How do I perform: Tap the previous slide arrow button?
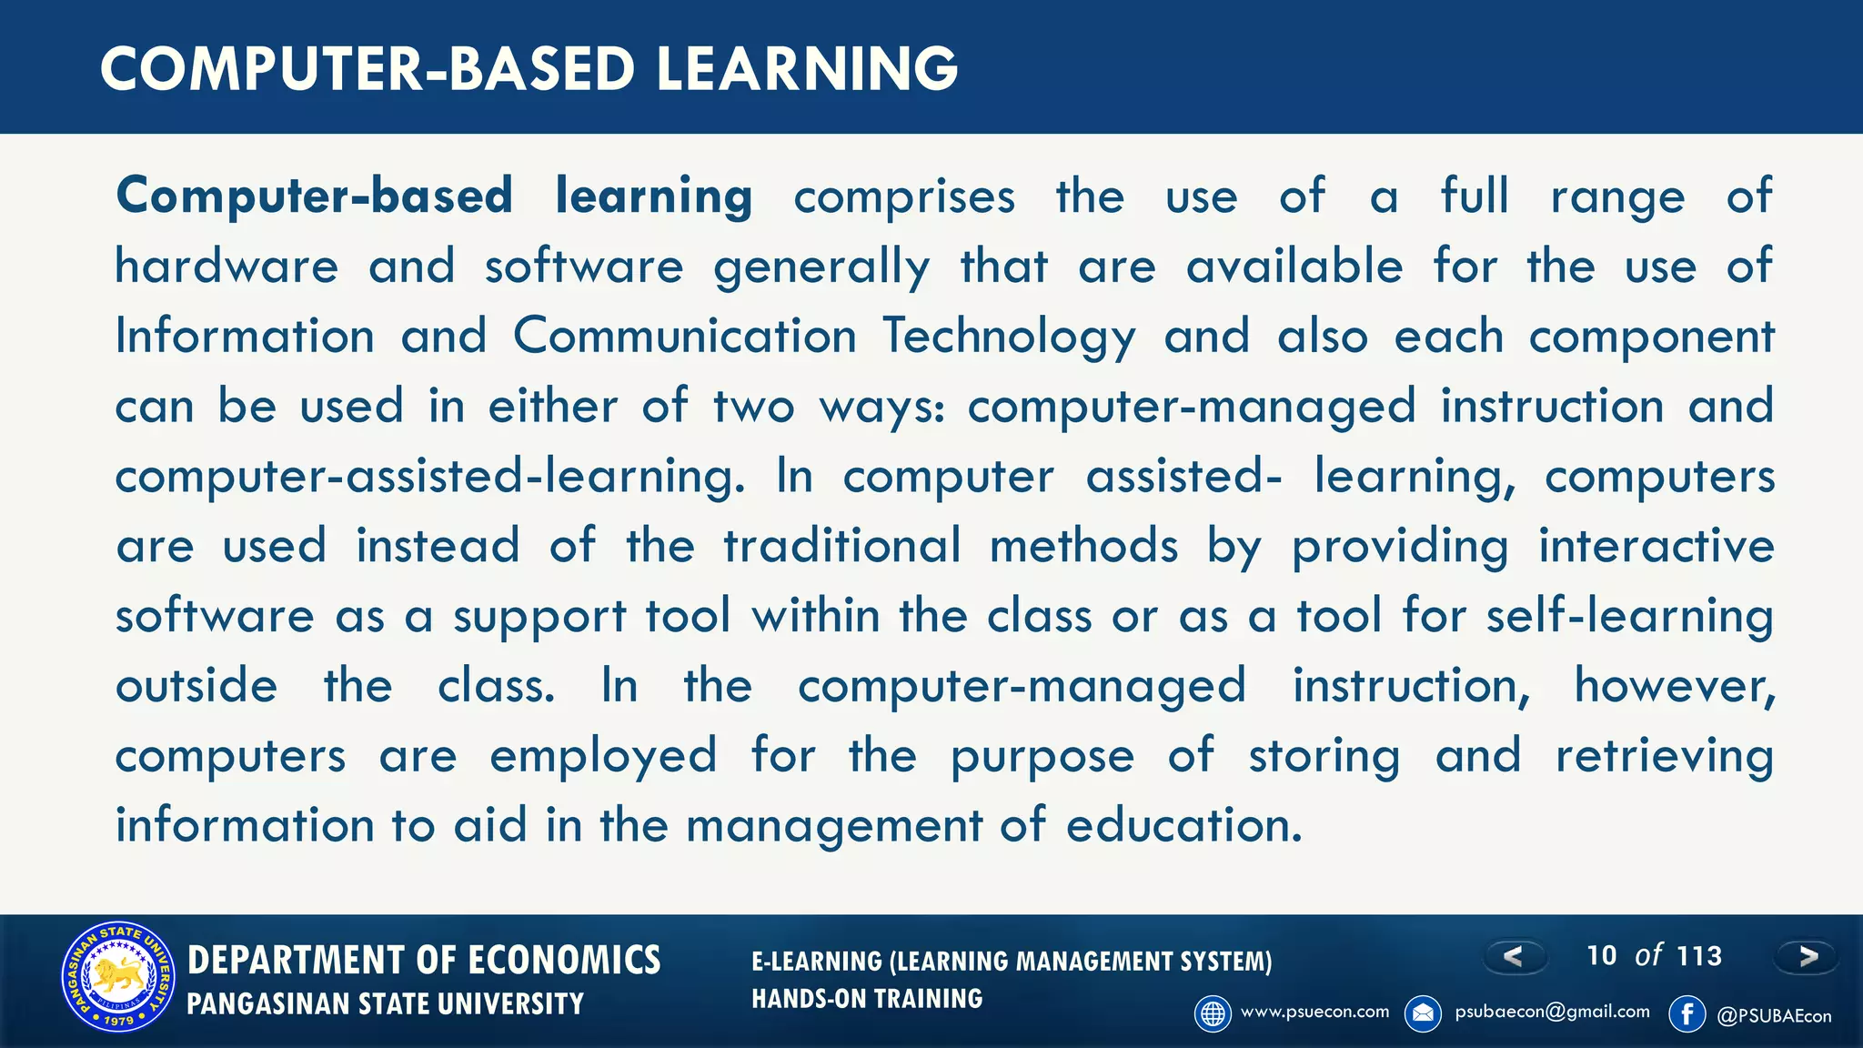[1515, 956]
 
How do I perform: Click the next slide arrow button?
[1807, 956]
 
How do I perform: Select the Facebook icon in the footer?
[1687, 1013]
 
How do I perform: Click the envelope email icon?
[1423, 1013]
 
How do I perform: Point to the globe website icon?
[1213, 1013]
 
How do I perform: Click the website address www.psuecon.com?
[1314, 1012]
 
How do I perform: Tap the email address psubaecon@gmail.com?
[1552, 1012]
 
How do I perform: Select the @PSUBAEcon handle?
[1774, 1016]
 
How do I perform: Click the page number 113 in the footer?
[1699, 956]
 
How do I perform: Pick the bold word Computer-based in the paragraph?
[315, 196]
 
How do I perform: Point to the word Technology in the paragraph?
[1010, 337]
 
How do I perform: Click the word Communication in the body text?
[685, 337]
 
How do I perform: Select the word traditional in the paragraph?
[842, 546]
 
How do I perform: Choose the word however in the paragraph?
[1675, 686]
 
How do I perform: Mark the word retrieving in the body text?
[1664, 756]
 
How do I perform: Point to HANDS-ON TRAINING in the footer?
[867, 999]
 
